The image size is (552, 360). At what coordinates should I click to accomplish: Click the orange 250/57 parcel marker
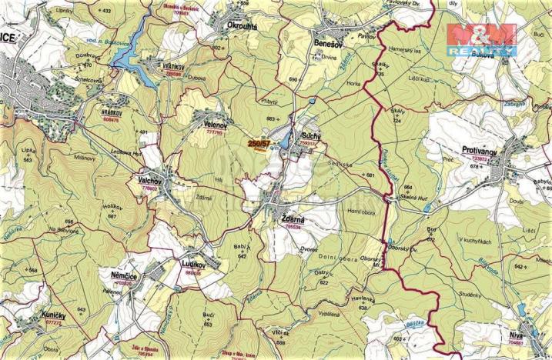click(259, 143)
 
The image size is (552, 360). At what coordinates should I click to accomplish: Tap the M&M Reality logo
click(481, 37)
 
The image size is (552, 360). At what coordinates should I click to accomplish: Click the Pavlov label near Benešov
click(366, 36)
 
